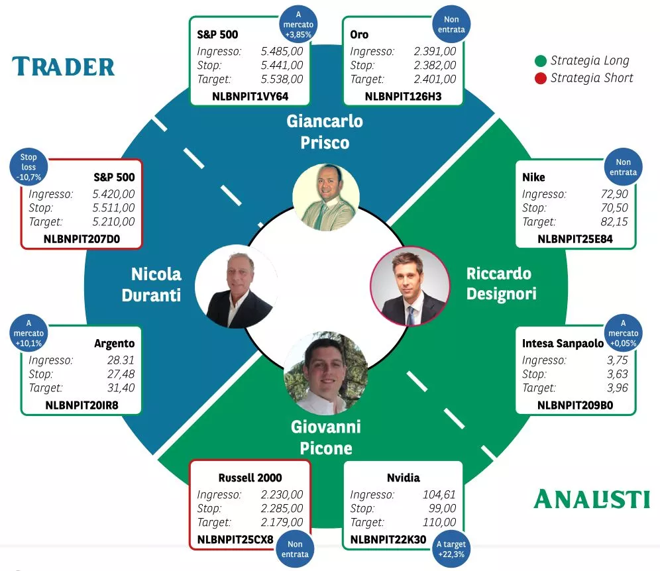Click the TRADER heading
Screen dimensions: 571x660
click(64, 67)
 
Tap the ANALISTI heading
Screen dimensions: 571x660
click(592, 499)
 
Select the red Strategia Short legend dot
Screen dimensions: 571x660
click(540, 78)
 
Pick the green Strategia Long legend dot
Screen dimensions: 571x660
click(540, 61)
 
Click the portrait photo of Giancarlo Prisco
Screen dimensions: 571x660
click(326, 197)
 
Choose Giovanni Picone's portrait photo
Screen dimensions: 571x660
click(325, 372)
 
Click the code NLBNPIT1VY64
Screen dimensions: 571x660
click(250, 97)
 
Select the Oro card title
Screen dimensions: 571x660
click(360, 34)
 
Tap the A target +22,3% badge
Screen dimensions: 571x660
click(451, 548)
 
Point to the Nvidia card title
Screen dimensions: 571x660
click(403, 478)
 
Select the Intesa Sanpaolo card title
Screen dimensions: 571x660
click(563, 343)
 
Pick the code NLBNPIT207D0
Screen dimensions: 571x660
click(82, 238)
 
